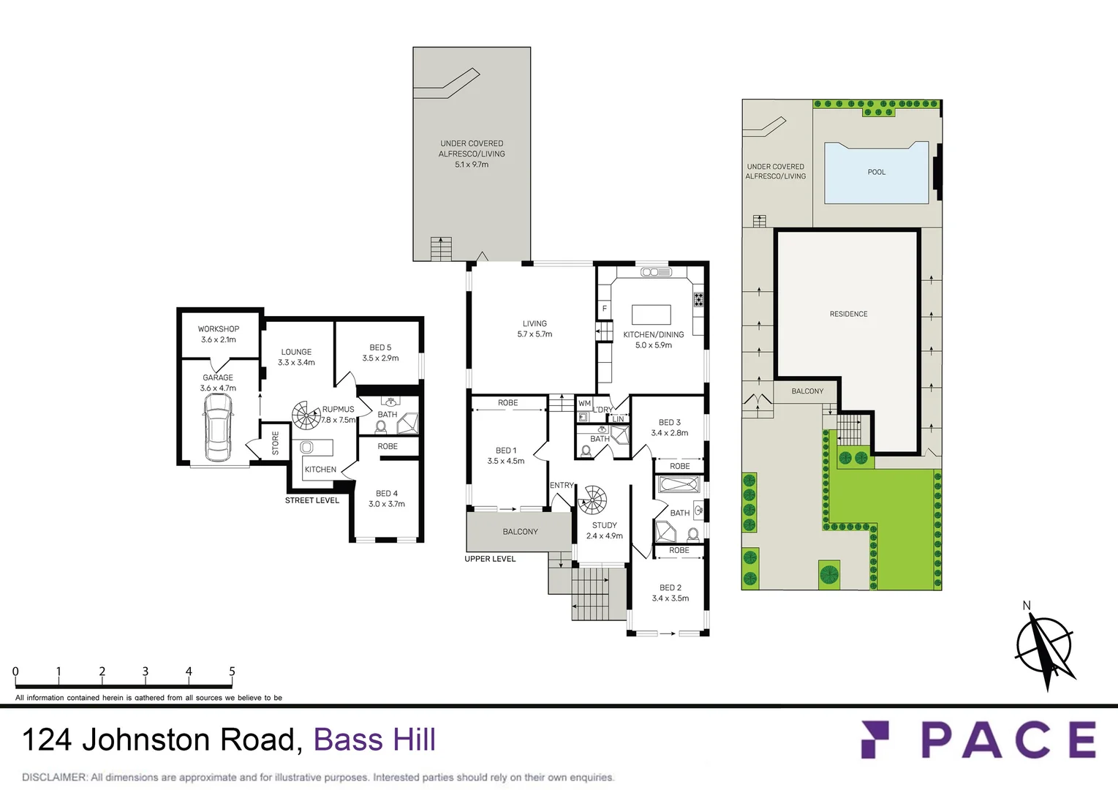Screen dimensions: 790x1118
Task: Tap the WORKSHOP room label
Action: click(218, 329)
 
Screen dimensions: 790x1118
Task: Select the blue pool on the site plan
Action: click(876, 173)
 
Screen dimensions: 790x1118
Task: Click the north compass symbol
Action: click(1044, 646)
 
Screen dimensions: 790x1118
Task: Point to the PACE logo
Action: click(979, 740)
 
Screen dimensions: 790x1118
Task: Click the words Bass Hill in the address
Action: click(374, 740)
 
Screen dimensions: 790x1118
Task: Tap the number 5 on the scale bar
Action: click(232, 671)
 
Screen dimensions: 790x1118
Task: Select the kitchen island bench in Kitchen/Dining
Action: click(651, 315)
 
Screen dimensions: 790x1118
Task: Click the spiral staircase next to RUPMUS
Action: click(306, 415)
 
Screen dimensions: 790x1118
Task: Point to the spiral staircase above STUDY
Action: click(592, 501)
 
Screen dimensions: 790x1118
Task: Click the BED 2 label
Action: click(670, 587)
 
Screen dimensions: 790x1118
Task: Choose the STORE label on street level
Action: click(276, 443)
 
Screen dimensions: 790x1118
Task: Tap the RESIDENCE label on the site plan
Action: click(848, 314)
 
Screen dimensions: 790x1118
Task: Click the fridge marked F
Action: click(605, 309)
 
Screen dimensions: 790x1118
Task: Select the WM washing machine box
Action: click(584, 403)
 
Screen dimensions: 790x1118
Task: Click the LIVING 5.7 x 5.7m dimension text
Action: click(535, 334)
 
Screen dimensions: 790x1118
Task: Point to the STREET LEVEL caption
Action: click(312, 500)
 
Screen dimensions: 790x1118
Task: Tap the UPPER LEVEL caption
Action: click(490, 559)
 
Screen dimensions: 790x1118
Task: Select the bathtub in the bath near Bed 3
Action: click(679, 484)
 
